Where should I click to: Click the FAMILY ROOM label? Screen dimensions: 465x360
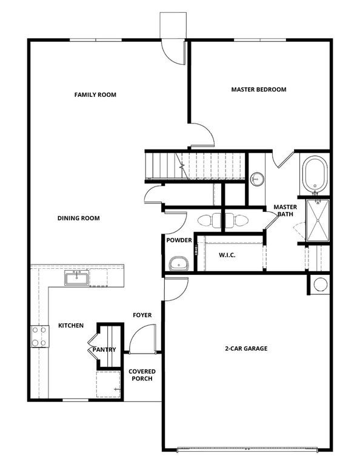95,95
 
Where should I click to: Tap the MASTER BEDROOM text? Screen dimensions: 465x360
259,90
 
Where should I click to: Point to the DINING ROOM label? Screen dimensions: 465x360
79,219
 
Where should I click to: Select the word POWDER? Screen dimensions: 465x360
179,240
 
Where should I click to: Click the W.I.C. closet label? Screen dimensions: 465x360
227,256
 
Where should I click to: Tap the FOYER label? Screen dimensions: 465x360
142,315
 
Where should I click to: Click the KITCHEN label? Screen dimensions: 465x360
71,326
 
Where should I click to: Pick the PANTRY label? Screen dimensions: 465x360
104,350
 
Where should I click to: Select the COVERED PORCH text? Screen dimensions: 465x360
142,375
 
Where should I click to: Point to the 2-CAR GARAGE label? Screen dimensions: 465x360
245,349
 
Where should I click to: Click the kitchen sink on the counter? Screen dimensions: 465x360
77,279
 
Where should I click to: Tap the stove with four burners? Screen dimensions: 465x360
39,337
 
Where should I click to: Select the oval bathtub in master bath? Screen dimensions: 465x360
315,174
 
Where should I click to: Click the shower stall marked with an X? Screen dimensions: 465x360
316,220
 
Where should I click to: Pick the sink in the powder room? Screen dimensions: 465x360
178,264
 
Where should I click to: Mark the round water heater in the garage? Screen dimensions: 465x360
320,284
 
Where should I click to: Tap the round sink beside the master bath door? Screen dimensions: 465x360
257,179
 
